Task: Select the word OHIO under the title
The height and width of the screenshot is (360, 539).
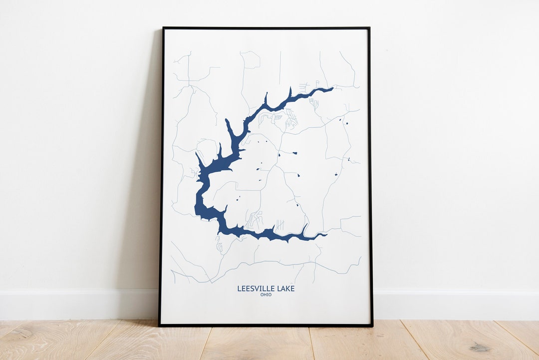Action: coord(266,295)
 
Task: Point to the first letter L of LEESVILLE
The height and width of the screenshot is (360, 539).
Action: coord(239,289)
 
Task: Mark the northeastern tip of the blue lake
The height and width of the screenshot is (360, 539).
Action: coord(332,88)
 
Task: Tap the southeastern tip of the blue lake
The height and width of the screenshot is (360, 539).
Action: coord(326,234)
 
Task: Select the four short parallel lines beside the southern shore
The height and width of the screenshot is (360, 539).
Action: coord(280,225)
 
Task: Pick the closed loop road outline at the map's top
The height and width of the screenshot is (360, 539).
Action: coord(251,59)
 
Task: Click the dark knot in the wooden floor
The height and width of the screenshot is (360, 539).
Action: coord(481,347)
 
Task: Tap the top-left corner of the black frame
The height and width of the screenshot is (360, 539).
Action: coord(163,28)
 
